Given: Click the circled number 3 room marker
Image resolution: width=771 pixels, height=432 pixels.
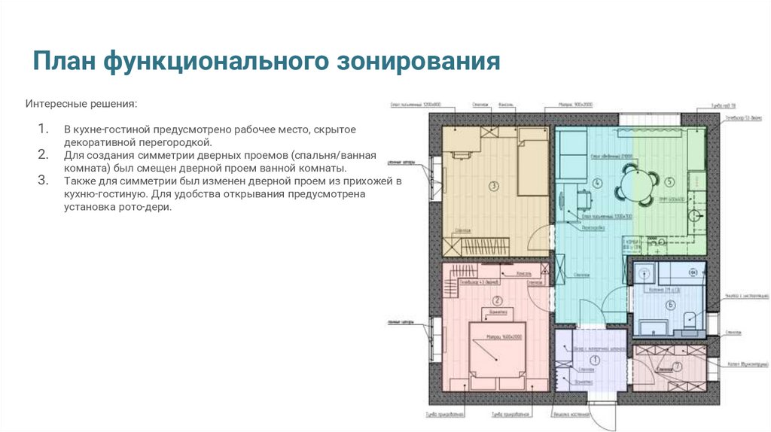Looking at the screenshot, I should (x=494, y=184).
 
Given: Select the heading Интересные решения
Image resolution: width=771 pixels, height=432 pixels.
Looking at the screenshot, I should (x=82, y=102).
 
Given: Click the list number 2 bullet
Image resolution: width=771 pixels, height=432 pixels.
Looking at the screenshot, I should (x=43, y=154).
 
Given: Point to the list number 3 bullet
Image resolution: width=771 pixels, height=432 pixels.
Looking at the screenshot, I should (x=43, y=181).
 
